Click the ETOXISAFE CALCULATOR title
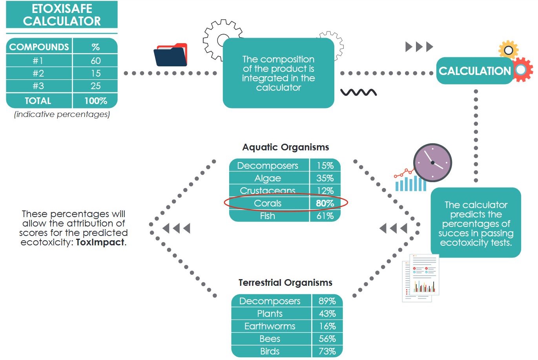[x=62, y=15]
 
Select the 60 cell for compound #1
[x=95, y=60]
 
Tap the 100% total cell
[x=95, y=101]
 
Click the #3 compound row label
[x=38, y=86]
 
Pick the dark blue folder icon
[x=170, y=55]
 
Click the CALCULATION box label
[x=474, y=71]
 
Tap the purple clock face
[x=432, y=163]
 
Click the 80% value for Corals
[x=325, y=203]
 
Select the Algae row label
[x=268, y=178]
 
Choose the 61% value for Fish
[x=325, y=216]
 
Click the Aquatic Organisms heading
[x=285, y=147]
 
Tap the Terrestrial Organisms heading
[x=285, y=283]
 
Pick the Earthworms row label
[x=270, y=326]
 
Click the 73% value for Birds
[x=327, y=351]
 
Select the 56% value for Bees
[x=327, y=339]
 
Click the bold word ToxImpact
[x=100, y=242]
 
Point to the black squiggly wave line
[x=358, y=93]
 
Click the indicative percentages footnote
[x=62, y=114]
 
